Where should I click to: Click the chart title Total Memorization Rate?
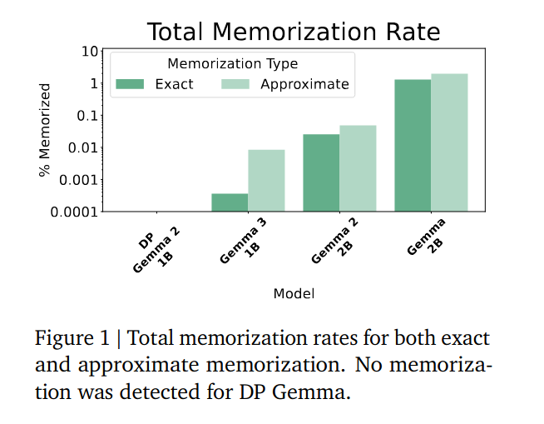tap(293, 32)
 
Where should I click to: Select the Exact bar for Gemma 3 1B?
tap(230, 202)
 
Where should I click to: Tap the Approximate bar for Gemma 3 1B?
tap(266, 181)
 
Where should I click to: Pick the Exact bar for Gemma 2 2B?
tap(321, 173)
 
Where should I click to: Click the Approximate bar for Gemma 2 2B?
tap(358, 168)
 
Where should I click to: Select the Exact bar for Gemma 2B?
tap(413, 146)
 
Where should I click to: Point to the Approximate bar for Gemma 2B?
tap(449, 142)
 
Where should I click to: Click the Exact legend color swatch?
tap(130, 84)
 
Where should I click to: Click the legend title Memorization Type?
tap(232, 63)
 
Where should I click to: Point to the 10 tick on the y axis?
tap(88, 52)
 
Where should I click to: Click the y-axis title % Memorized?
tap(45, 130)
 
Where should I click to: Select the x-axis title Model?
tap(293, 293)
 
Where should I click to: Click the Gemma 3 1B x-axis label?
tap(246, 242)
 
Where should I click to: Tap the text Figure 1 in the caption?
tap(70, 339)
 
